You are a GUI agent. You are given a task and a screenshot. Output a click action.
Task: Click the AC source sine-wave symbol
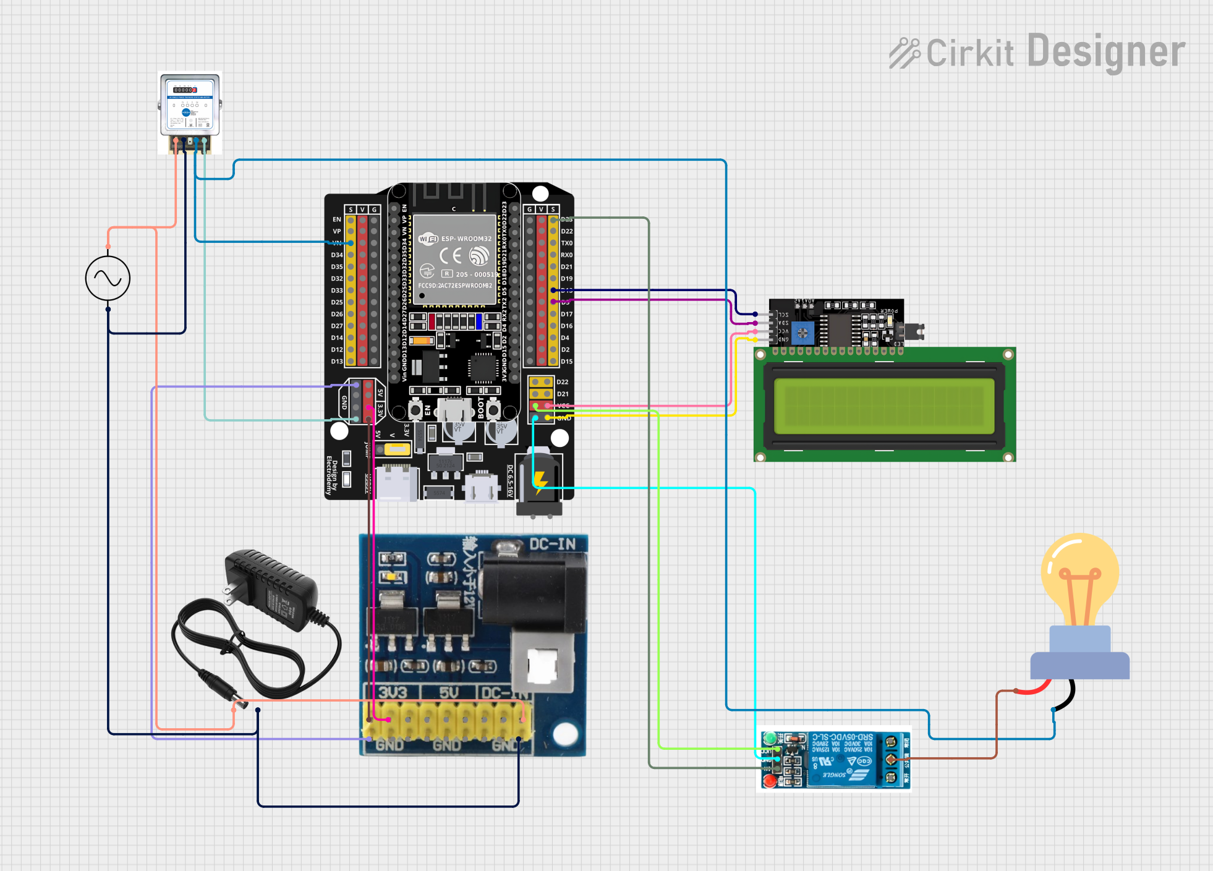pyautogui.click(x=108, y=279)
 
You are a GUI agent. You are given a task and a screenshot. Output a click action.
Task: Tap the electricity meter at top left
pyautogui.click(x=190, y=105)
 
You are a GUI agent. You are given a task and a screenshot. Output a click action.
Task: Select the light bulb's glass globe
pyautogui.click(x=1079, y=575)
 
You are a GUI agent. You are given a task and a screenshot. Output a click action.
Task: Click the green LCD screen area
pyautogui.click(x=884, y=405)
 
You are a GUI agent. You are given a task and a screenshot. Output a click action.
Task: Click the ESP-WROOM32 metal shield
pyautogui.click(x=455, y=260)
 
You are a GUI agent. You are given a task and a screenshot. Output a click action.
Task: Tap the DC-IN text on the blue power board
pyautogui.click(x=552, y=545)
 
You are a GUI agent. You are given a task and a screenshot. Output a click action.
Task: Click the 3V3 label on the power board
pyautogui.click(x=393, y=692)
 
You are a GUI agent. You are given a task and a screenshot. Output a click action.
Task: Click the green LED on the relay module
pyautogui.click(x=770, y=738)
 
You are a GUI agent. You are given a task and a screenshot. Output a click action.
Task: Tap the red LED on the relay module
pyautogui.click(x=770, y=781)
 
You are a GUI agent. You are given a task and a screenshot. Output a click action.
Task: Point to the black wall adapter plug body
pyautogui.click(x=272, y=590)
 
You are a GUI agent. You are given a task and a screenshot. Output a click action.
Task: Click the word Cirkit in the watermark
pyautogui.click(x=969, y=53)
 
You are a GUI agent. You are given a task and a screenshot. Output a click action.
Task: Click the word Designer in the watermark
pyautogui.click(x=1106, y=52)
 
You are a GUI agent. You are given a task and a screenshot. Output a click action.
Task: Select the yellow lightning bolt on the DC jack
pyautogui.click(x=540, y=481)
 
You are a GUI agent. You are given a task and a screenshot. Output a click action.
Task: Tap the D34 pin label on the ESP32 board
pyautogui.click(x=336, y=255)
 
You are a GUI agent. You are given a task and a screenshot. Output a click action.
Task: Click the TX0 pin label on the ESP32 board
pyautogui.click(x=566, y=243)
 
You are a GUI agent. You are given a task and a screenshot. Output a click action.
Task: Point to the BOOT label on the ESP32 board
pyautogui.click(x=481, y=409)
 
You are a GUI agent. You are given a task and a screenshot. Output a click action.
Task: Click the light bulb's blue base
pyautogui.click(x=1079, y=655)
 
